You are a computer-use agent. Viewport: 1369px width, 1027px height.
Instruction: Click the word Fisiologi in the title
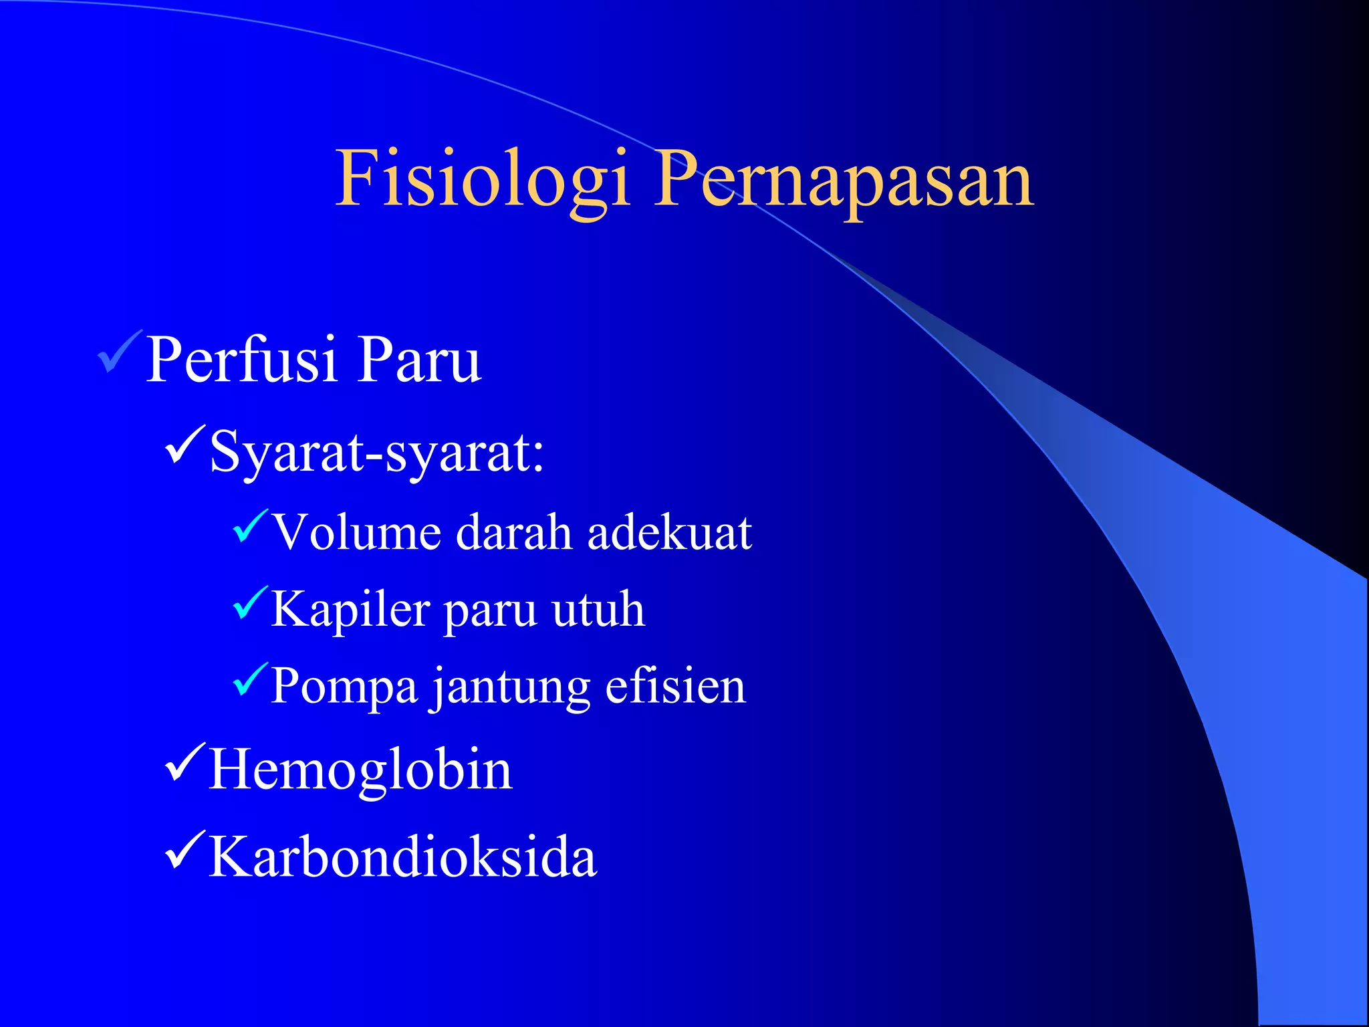tap(483, 179)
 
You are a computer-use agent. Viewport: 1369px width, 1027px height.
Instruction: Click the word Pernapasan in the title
tap(844, 179)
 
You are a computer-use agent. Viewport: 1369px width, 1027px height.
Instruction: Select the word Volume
tap(357, 533)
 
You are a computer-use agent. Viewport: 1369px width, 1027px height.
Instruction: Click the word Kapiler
tap(350, 610)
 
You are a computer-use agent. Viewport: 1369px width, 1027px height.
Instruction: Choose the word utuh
tap(598, 610)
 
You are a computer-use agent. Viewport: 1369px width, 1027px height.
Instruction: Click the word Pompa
tap(344, 687)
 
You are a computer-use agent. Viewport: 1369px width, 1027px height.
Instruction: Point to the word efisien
tap(675, 687)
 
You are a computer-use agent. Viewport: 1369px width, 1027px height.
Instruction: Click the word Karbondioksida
tap(402, 858)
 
